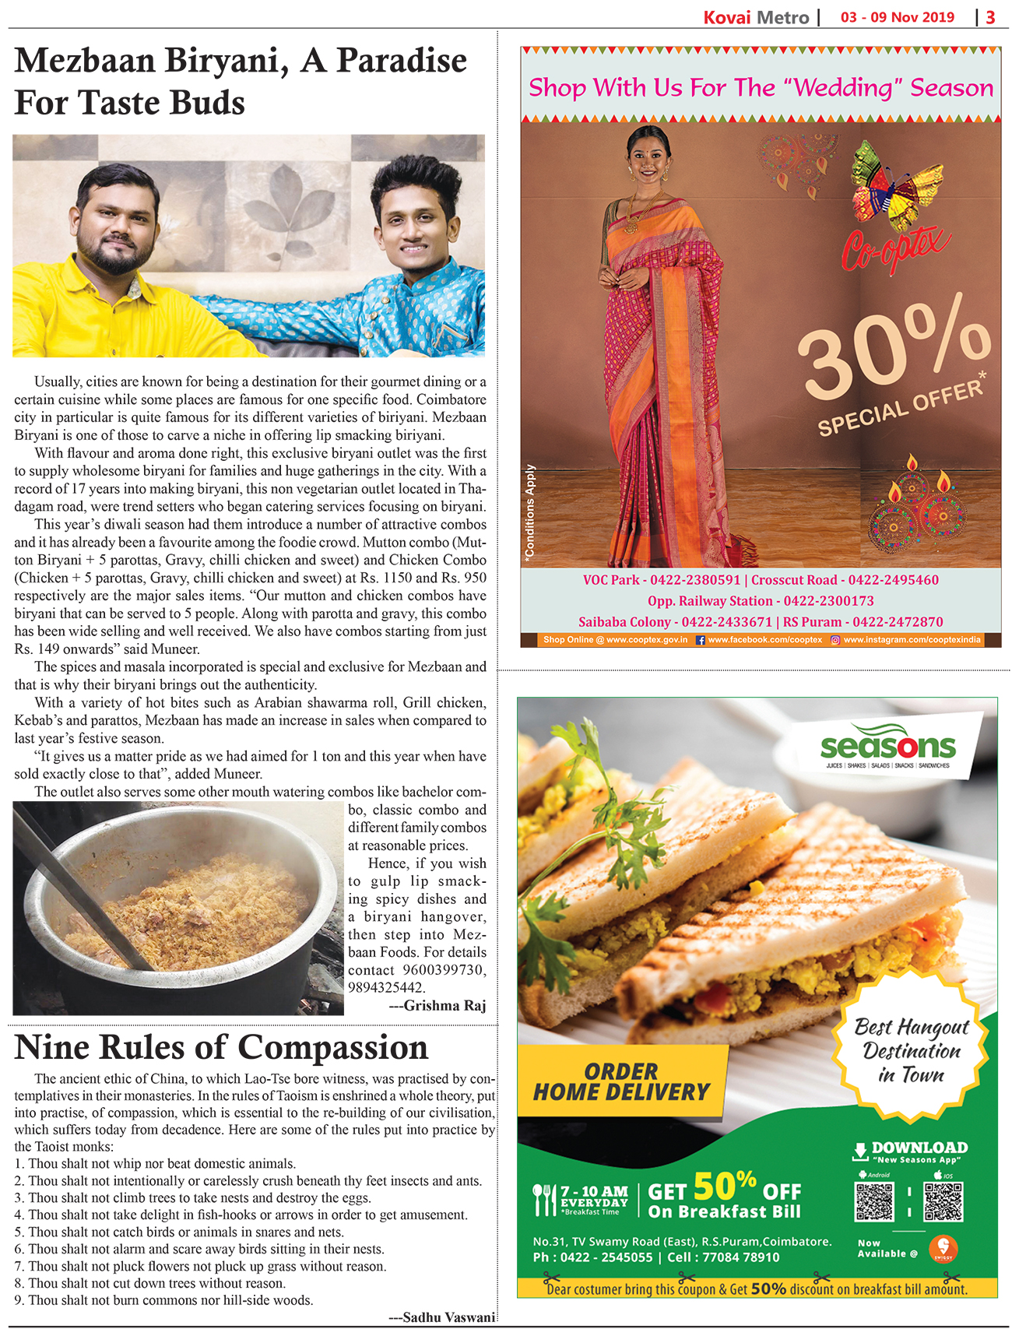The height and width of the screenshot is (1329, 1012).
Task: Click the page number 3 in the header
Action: [990, 17]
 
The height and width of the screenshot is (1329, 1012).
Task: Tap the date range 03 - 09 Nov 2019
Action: [897, 17]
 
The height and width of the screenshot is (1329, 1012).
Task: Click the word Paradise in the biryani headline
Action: [401, 61]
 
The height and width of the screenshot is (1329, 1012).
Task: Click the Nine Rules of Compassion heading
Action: [221, 1048]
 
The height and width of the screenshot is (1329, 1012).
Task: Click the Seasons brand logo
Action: [887, 747]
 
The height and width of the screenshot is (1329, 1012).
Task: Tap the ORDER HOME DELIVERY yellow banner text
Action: [621, 1082]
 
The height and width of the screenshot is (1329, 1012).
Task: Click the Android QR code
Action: [874, 1201]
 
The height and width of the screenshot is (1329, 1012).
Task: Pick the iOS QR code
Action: [943, 1201]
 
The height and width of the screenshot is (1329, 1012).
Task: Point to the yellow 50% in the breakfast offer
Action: [724, 1187]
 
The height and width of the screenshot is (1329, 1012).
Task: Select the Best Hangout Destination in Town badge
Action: [911, 1051]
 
